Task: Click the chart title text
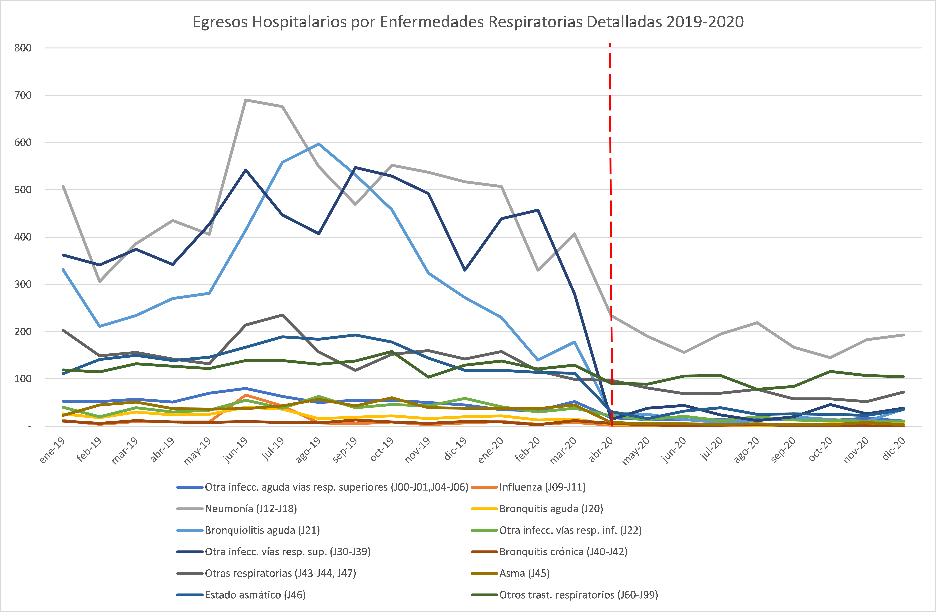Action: tap(468, 22)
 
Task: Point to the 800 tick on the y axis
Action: tap(23, 48)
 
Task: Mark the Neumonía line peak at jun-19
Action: tap(245, 100)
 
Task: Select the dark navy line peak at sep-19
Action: tap(355, 168)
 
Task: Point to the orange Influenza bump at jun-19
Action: tap(245, 395)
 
